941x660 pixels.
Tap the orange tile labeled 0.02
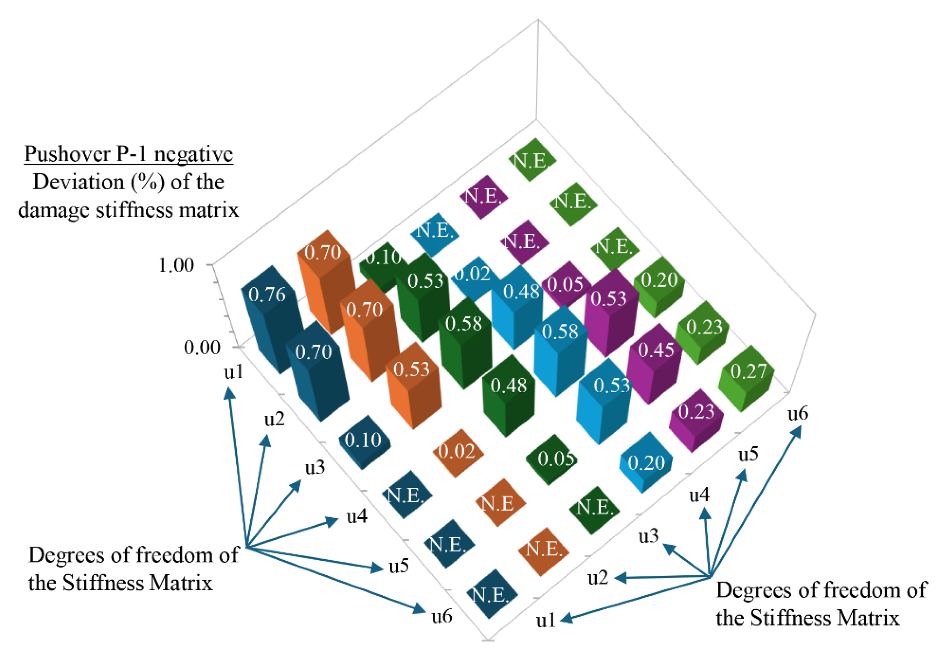(457, 451)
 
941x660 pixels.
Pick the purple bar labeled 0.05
(565, 285)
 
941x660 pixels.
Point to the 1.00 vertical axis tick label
(176, 265)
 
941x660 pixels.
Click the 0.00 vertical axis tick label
(202, 348)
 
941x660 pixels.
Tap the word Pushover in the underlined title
(68, 155)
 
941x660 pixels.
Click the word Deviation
(78, 182)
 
